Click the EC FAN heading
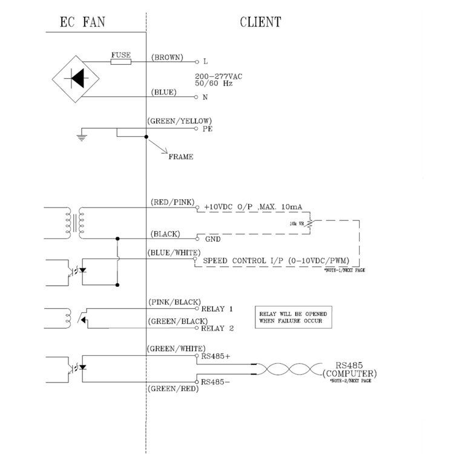point(82,22)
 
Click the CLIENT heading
point(260,22)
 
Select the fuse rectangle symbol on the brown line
point(120,62)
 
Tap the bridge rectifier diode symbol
point(76,79)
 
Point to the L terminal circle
point(197,62)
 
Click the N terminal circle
point(196,97)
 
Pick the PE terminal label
point(207,129)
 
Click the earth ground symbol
point(82,137)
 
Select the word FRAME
point(181,157)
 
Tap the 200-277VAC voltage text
point(219,76)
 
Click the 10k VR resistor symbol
point(310,223)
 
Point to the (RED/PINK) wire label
point(173,202)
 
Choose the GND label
point(213,239)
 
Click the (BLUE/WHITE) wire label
point(174,253)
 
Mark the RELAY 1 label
point(217,309)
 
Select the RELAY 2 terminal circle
point(197,328)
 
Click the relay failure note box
point(294,317)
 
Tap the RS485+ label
point(215,357)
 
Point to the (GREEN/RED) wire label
point(173,389)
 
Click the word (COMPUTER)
point(350,373)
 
